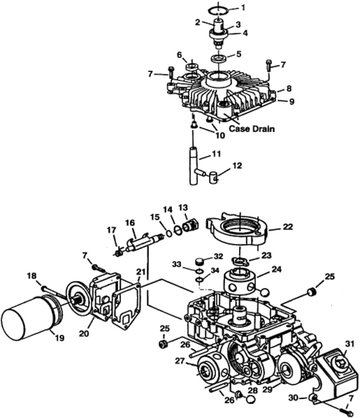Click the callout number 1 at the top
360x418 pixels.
[243, 8]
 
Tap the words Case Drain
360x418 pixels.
[252, 129]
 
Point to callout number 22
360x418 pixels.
[288, 226]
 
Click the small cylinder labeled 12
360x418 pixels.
[213, 178]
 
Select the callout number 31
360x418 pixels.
[350, 344]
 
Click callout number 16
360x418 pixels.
[130, 223]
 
